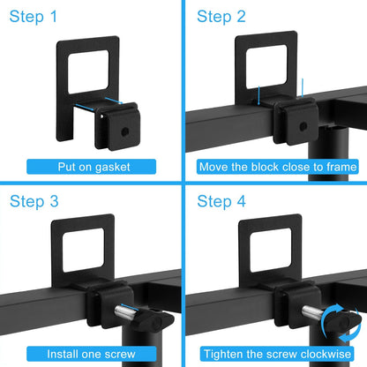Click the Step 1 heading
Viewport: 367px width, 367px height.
tap(34, 17)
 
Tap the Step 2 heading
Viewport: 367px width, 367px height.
tap(221, 17)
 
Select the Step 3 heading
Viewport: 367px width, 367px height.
tap(34, 201)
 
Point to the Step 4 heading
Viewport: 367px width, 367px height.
tap(221, 201)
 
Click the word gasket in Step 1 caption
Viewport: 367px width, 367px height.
tap(113, 168)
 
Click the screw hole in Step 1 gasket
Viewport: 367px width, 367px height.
tap(125, 131)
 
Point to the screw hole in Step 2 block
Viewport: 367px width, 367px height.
tap(303, 127)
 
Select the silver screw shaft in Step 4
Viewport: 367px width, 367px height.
tap(312, 312)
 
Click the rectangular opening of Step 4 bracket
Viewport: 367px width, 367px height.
tap(271, 250)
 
